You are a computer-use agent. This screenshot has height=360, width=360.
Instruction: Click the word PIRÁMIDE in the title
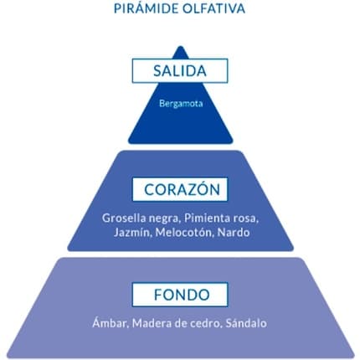147,8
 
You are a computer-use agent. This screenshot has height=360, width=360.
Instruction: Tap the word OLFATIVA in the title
214,8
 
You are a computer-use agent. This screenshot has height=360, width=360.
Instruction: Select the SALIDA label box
180,70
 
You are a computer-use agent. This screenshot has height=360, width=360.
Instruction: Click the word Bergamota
181,104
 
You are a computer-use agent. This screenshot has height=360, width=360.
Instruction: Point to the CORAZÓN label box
180,189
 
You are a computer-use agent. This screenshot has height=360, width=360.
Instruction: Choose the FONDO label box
180,295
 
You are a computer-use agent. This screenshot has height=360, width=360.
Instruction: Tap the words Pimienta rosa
221,218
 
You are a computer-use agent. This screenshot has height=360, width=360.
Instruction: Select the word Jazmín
131,232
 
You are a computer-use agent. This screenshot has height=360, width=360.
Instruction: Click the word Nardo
234,232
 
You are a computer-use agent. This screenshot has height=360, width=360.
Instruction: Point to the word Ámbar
111,323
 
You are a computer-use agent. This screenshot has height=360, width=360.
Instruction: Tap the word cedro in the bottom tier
206,323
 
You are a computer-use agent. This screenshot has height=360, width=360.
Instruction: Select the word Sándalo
246,323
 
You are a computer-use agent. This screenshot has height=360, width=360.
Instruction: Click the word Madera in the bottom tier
152,323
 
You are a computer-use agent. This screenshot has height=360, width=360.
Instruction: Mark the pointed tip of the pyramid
181,47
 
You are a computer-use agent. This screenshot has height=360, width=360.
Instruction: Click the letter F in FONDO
158,295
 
